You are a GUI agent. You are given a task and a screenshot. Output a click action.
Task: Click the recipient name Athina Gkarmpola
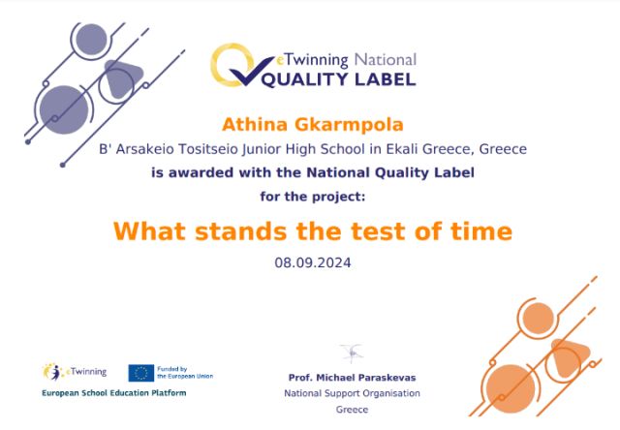(x=312, y=125)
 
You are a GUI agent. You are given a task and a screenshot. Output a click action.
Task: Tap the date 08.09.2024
(x=313, y=262)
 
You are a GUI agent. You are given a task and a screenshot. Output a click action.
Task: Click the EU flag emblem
(x=141, y=373)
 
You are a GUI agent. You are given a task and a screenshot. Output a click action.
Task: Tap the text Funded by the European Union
(x=185, y=372)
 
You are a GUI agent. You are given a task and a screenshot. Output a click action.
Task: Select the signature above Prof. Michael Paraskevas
(x=352, y=353)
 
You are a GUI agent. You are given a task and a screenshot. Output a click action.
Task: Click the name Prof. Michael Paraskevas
(x=352, y=378)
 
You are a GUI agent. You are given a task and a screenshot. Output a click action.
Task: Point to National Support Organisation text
(x=352, y=393)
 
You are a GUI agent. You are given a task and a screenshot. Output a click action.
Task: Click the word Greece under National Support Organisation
(x=352, y=410)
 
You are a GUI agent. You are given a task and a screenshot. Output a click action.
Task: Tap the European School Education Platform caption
(x=114, y=393)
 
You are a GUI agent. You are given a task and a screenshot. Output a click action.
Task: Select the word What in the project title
(x=149, y=231)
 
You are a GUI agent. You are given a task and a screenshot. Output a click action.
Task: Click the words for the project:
(x=313, y=197)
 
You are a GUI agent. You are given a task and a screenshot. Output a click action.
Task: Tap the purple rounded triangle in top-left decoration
(x=123, y=78)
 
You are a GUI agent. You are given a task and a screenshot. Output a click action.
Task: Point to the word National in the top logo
(x=386, y=60)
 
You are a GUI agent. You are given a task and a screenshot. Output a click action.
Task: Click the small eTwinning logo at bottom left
(x=75, y=372)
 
